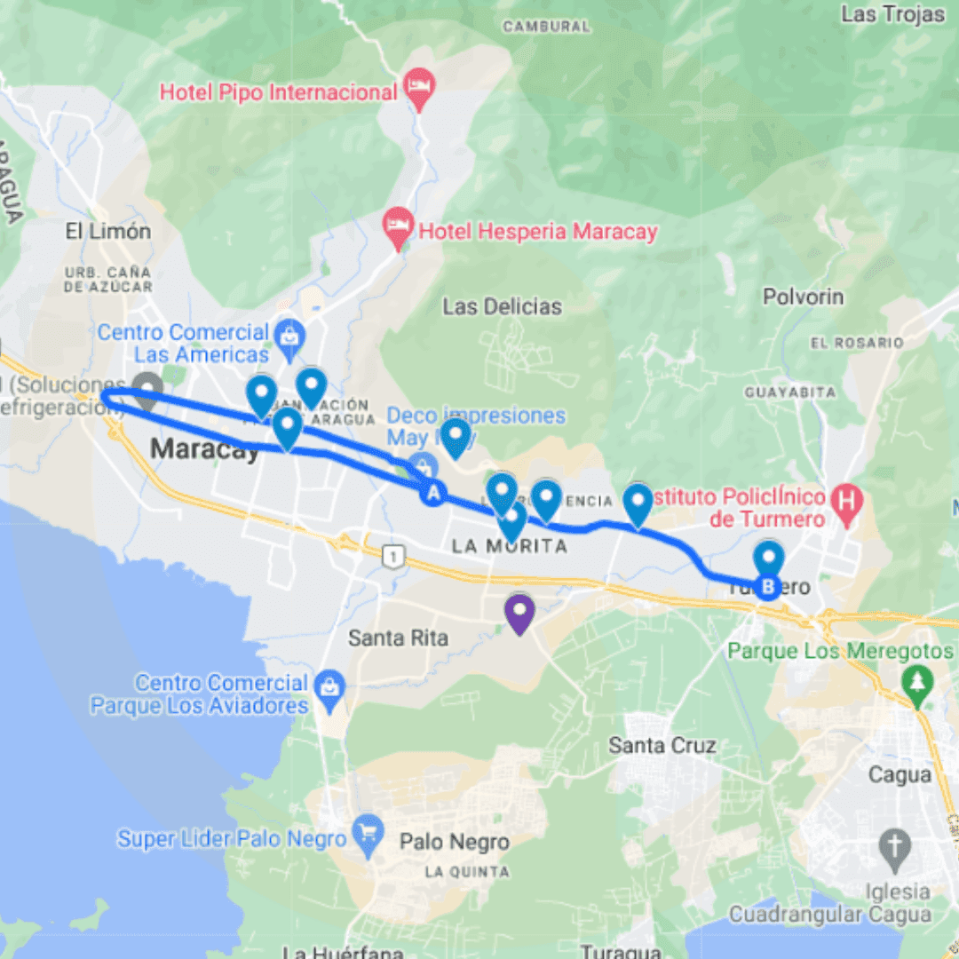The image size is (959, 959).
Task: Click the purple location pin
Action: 519,612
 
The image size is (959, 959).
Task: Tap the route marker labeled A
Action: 433,493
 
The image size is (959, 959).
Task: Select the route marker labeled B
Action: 768,587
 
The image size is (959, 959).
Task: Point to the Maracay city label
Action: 205,449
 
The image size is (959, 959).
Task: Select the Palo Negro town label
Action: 455,842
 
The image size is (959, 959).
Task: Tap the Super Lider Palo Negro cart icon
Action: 366,835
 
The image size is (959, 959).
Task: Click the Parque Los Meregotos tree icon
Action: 915,683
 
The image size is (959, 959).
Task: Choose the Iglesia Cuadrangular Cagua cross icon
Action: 894,849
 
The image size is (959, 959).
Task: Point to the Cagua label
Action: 900,775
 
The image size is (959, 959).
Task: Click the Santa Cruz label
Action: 662,745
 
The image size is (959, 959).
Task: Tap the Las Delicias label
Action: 502,307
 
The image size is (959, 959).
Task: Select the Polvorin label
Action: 803,297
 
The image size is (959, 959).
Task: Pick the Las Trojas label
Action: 892,14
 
